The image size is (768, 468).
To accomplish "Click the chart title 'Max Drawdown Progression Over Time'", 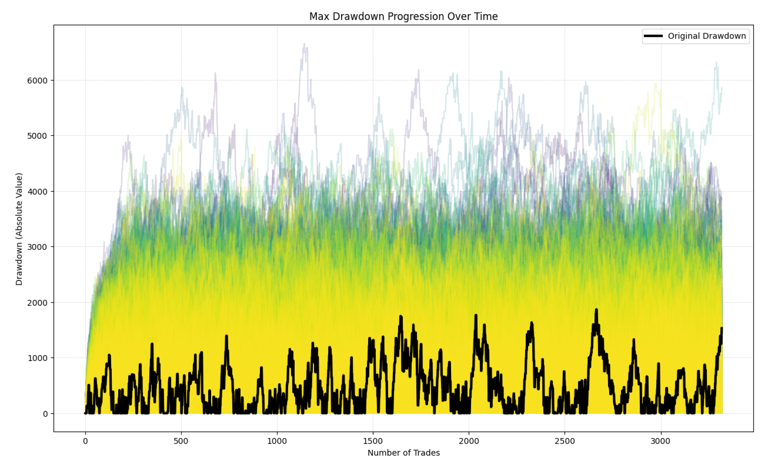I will [x=403, y=16].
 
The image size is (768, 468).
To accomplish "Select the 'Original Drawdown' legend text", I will [x=707, y=36].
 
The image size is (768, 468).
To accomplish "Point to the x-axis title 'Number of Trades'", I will [x=403, y=453].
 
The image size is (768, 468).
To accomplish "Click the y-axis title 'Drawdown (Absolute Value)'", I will [x=19, y=229].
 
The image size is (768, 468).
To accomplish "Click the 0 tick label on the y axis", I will [x=45, y=414].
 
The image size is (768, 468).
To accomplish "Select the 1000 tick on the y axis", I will [x=39, y=358].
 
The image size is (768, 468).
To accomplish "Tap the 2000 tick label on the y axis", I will [x=39, y=303].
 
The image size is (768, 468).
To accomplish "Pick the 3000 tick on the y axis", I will [x=39, y=247].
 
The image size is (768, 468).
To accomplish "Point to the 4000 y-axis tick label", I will [x=39, y=192].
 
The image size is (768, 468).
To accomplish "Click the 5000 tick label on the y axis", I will [x=39, y=136].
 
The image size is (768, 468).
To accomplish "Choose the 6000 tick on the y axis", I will [x=39, y=81].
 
